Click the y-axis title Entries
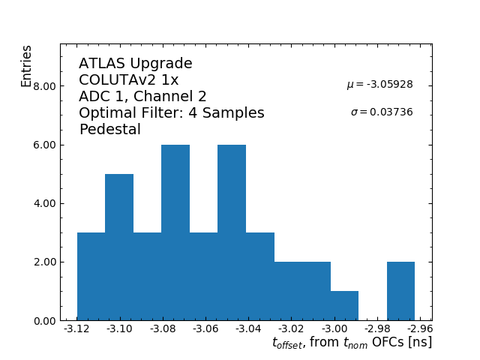tap(27, 66)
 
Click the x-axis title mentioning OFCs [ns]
tap(351, 343)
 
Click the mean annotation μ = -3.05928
tap(379, 85)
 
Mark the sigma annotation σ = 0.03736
tap(382, 112)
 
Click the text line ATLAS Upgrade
tap(136, 64)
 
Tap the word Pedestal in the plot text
tap(109, 130)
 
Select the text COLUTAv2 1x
tap(128, 80)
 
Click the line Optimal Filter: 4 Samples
tap(172, 113)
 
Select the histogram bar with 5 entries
tap(119, 247)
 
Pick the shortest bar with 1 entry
tap(344, 306)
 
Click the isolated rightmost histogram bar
tap(400, 291)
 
